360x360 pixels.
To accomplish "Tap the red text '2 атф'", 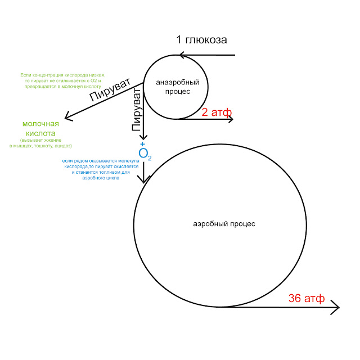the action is click(217, 112).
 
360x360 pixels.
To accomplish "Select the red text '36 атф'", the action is click(306, 299).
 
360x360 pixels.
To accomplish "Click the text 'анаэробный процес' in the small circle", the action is click(173, 87).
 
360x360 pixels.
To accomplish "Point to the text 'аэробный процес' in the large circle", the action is click(224, 224).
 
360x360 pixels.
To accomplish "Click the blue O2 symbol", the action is click(145, 154).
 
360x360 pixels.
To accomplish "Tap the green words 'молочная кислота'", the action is click(40, 129).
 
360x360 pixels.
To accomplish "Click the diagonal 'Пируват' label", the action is click(110, 91).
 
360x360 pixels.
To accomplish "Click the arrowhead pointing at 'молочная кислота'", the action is click(68, 117).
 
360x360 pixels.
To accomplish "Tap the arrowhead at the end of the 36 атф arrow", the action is click(336, 307).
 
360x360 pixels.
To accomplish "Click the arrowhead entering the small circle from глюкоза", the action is click(181, 55).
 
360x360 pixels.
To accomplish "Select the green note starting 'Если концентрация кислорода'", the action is click(62, 80).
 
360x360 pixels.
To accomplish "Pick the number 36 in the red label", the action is click(295, 299).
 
